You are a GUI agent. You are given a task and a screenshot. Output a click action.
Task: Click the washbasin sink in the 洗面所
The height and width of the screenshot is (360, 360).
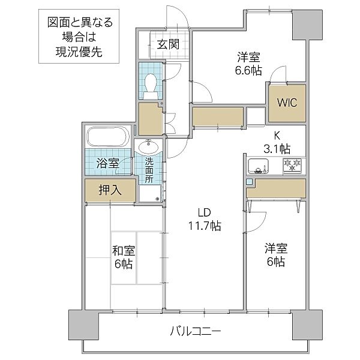tap(148, 146)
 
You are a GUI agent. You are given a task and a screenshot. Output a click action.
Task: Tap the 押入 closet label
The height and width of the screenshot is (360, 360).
tap(110, 190)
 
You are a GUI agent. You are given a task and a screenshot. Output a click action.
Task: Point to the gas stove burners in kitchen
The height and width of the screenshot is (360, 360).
tap(293, 164)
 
